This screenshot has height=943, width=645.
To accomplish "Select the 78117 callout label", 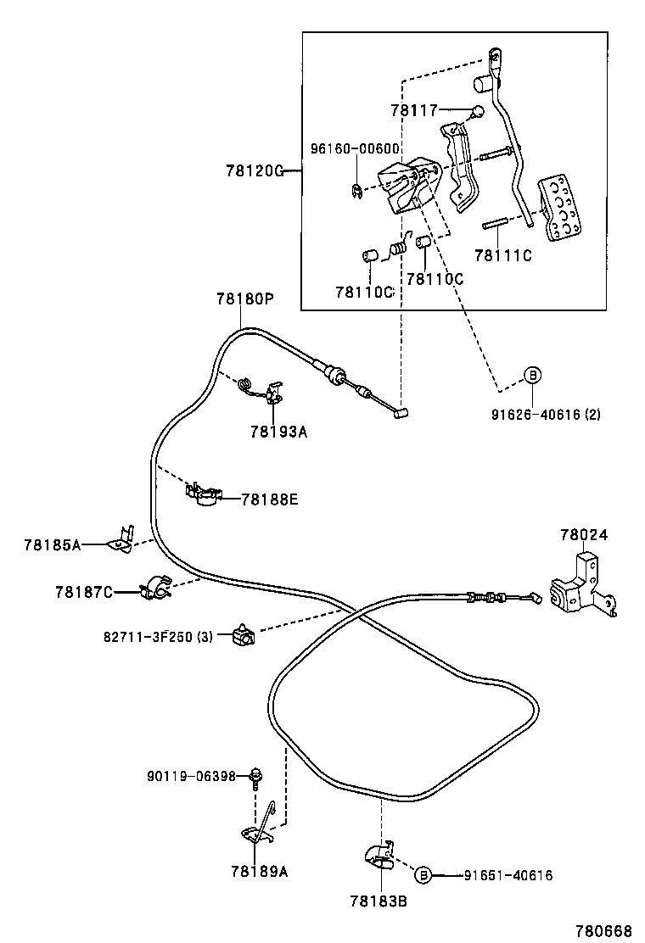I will point(413,109).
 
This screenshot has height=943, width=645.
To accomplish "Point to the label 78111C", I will point(502,255).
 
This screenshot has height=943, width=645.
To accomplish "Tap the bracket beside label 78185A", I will point(121,541).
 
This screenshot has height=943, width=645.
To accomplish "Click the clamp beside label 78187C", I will point(154,587).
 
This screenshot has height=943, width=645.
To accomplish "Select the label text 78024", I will point(583,535).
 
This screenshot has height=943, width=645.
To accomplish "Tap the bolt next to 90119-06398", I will point(255,775).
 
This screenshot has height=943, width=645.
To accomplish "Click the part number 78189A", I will point(258,870).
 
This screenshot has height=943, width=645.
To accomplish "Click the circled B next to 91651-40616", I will point(424,874).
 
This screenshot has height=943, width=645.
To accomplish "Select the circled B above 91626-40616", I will point(531,375).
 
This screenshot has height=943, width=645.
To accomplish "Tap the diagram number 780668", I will point(603,930).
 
